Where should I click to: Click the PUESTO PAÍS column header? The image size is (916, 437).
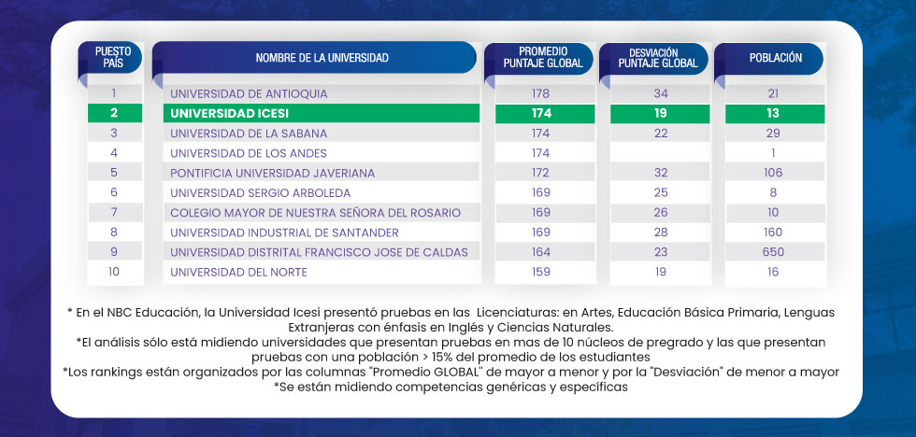pyautogui.click(x=115, y=57)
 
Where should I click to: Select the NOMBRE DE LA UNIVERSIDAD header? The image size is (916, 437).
pyautogui.click(x=315, y=58)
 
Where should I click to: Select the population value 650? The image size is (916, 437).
pyautogui.click(x=773, y=252)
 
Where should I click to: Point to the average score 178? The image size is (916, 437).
pyautogui.click(x=540, y=93)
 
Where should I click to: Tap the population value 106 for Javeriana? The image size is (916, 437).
pyautogui.click(x=773, y=173)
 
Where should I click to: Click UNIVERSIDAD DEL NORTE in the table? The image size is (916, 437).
pyautogui.click(x=238, y=272)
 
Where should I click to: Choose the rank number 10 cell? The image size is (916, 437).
pyautogui.click(x=114, y=272)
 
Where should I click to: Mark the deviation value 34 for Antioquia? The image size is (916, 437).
pyautogui.click(x=661, y=93)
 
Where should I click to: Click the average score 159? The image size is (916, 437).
pyautogui.click(x=540, y=272)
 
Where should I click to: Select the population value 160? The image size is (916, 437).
pyautogui.click(x=773, y=233)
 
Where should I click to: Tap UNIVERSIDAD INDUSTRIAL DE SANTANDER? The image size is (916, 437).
pyautogui.click(x=284, y=233)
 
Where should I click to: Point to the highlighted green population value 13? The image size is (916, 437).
pyautogui.click(x=773, y=113)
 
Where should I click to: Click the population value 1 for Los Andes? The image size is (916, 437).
pyautogui.click(x=774, y=152)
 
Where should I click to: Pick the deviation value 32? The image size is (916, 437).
pyautogui.click(x=661, y=173)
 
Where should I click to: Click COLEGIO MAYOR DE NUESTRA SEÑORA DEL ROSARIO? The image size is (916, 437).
pyautogui.click(x=315, y=213)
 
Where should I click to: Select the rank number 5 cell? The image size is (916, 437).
pyautogui.click(x=114, y=173)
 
